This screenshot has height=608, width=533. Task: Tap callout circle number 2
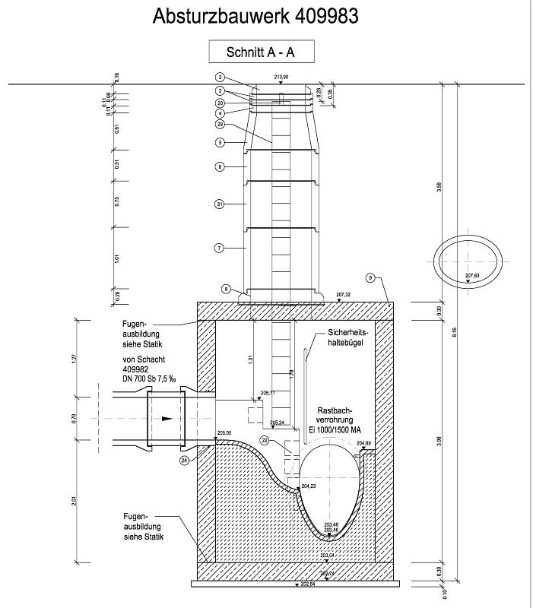[x=220, y=78]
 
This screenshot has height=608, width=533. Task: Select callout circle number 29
[x=220, y=124]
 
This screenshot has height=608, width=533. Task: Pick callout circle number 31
[x=220, y=204]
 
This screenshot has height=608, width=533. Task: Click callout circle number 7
[x=220, y=248]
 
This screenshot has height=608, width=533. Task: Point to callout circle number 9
[x=370, y=278]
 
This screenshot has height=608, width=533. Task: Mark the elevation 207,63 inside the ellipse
[x=472, y=275]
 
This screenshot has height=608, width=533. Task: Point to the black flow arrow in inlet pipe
[x=166, y=418]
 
